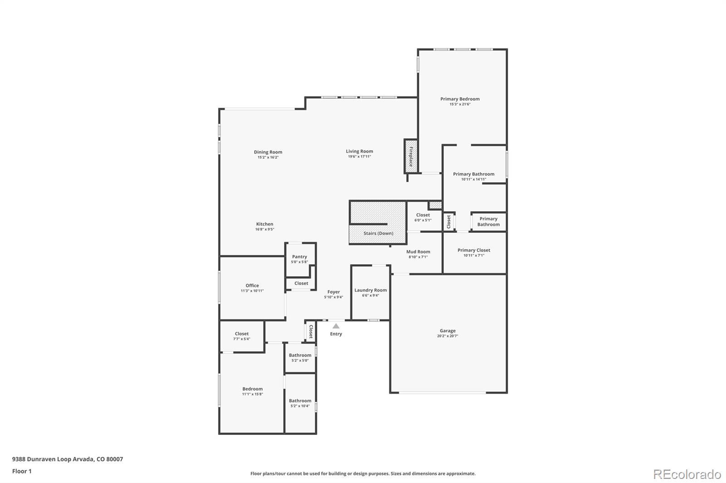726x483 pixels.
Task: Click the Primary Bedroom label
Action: click(x=460, y=99)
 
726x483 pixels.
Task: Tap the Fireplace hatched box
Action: click(x=411, y=156)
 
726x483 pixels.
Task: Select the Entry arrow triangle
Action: click(x=336, y=326)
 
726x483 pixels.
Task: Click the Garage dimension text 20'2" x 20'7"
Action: click(x=447, y=336)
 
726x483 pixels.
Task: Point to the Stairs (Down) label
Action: click(x=378, y=233)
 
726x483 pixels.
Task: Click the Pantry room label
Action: click(x=299, y=256)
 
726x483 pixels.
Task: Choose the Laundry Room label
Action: click(x=370, y=290)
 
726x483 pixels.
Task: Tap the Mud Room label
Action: click(x=418, y=251)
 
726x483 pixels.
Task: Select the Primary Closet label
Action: click(x=474, y=250)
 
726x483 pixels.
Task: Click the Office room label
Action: click(x=252, y=285)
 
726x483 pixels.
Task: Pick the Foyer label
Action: click(x=334, y=292)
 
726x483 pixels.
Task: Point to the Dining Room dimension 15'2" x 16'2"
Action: click(x=268, y=157)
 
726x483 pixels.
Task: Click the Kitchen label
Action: click(x=265, y=224)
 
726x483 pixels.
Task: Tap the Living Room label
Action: click(x=359, y=151)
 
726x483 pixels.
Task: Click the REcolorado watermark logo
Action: click(x=687, y=474)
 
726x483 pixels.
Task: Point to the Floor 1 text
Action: click(x=22, y=471)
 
